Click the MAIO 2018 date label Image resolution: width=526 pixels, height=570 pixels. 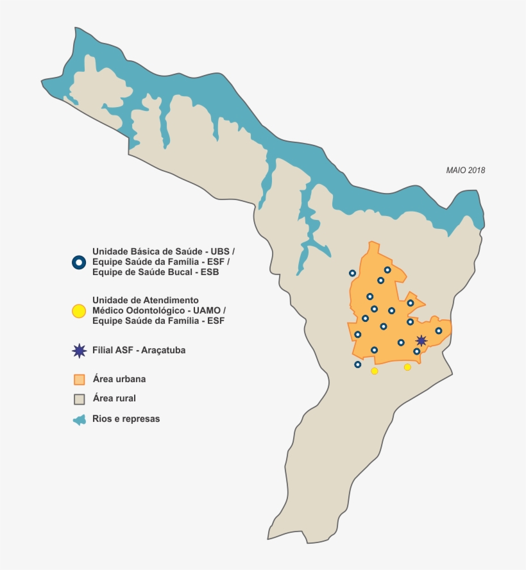pos(466,171)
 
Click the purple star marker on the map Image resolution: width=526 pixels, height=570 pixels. pos(421,340)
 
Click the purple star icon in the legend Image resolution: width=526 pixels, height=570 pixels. pos(79,351)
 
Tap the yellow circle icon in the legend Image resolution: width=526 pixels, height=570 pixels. pos(78,311)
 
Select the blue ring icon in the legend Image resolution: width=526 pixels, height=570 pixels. pos(78,262)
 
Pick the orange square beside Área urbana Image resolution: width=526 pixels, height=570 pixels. pos(79,379)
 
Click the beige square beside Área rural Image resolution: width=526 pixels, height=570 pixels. pos(79,399)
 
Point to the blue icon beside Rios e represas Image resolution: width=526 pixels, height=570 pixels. pos(79,419)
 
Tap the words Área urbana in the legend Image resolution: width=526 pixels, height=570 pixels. pos(119,379)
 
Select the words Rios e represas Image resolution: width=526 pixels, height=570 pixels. pos(126,419)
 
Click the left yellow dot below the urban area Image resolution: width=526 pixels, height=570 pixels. pos(375,371)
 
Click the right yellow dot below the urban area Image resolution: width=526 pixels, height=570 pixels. pos(407,367)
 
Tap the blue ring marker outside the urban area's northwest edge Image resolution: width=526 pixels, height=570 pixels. pos(352,273)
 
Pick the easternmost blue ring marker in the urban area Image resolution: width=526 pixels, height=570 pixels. pos(439,331)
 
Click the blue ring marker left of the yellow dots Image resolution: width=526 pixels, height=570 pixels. pos(358,365)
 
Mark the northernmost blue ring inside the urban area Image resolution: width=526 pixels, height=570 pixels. pos(387,270)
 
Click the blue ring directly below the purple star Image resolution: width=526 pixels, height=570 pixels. pos(417,351)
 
